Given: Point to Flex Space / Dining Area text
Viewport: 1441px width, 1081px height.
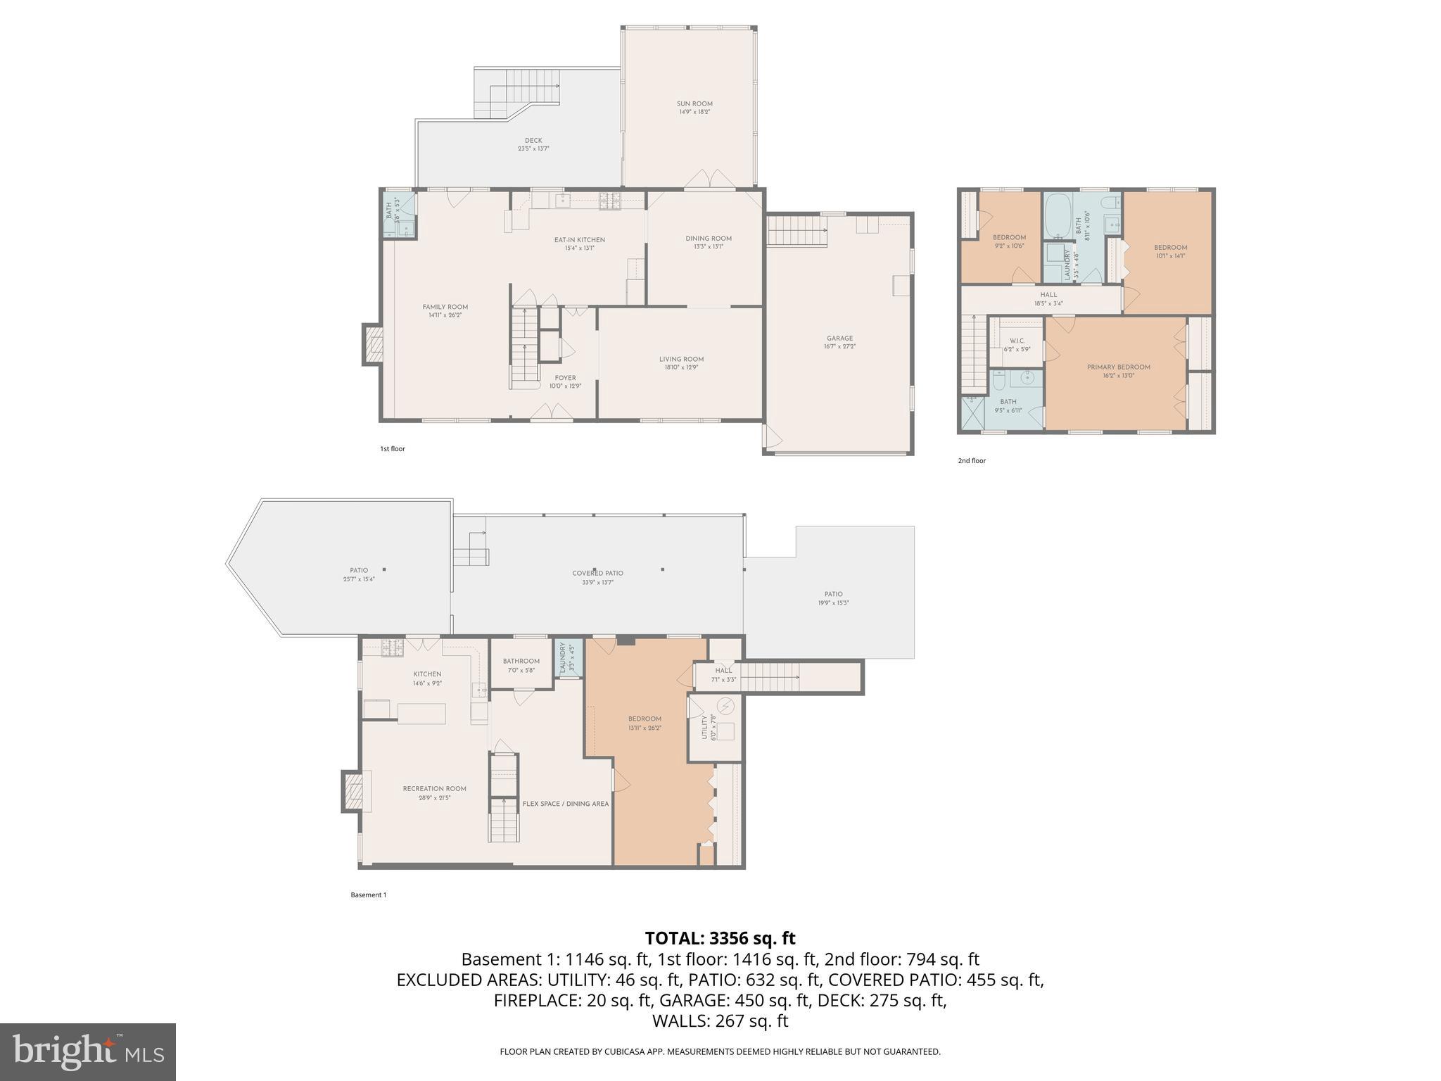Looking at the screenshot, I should [566, 804].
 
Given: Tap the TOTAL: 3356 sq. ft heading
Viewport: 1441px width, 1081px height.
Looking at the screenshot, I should [720, 938].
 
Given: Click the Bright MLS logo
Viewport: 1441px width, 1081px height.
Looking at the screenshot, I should [87, 1051].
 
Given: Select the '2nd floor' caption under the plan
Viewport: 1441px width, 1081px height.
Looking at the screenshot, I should [971, 461].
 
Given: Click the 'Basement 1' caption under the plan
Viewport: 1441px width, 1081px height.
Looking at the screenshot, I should [368, 895].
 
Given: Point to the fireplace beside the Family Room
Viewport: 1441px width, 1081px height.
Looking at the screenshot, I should [373, 344].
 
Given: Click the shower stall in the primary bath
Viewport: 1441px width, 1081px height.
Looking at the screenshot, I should [972, 414].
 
